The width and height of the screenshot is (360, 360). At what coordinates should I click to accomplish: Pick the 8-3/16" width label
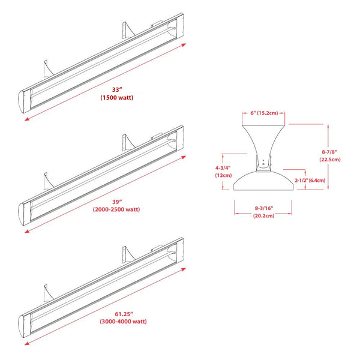click(263, 208)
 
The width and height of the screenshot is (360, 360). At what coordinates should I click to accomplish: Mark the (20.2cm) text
click(263, 215)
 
